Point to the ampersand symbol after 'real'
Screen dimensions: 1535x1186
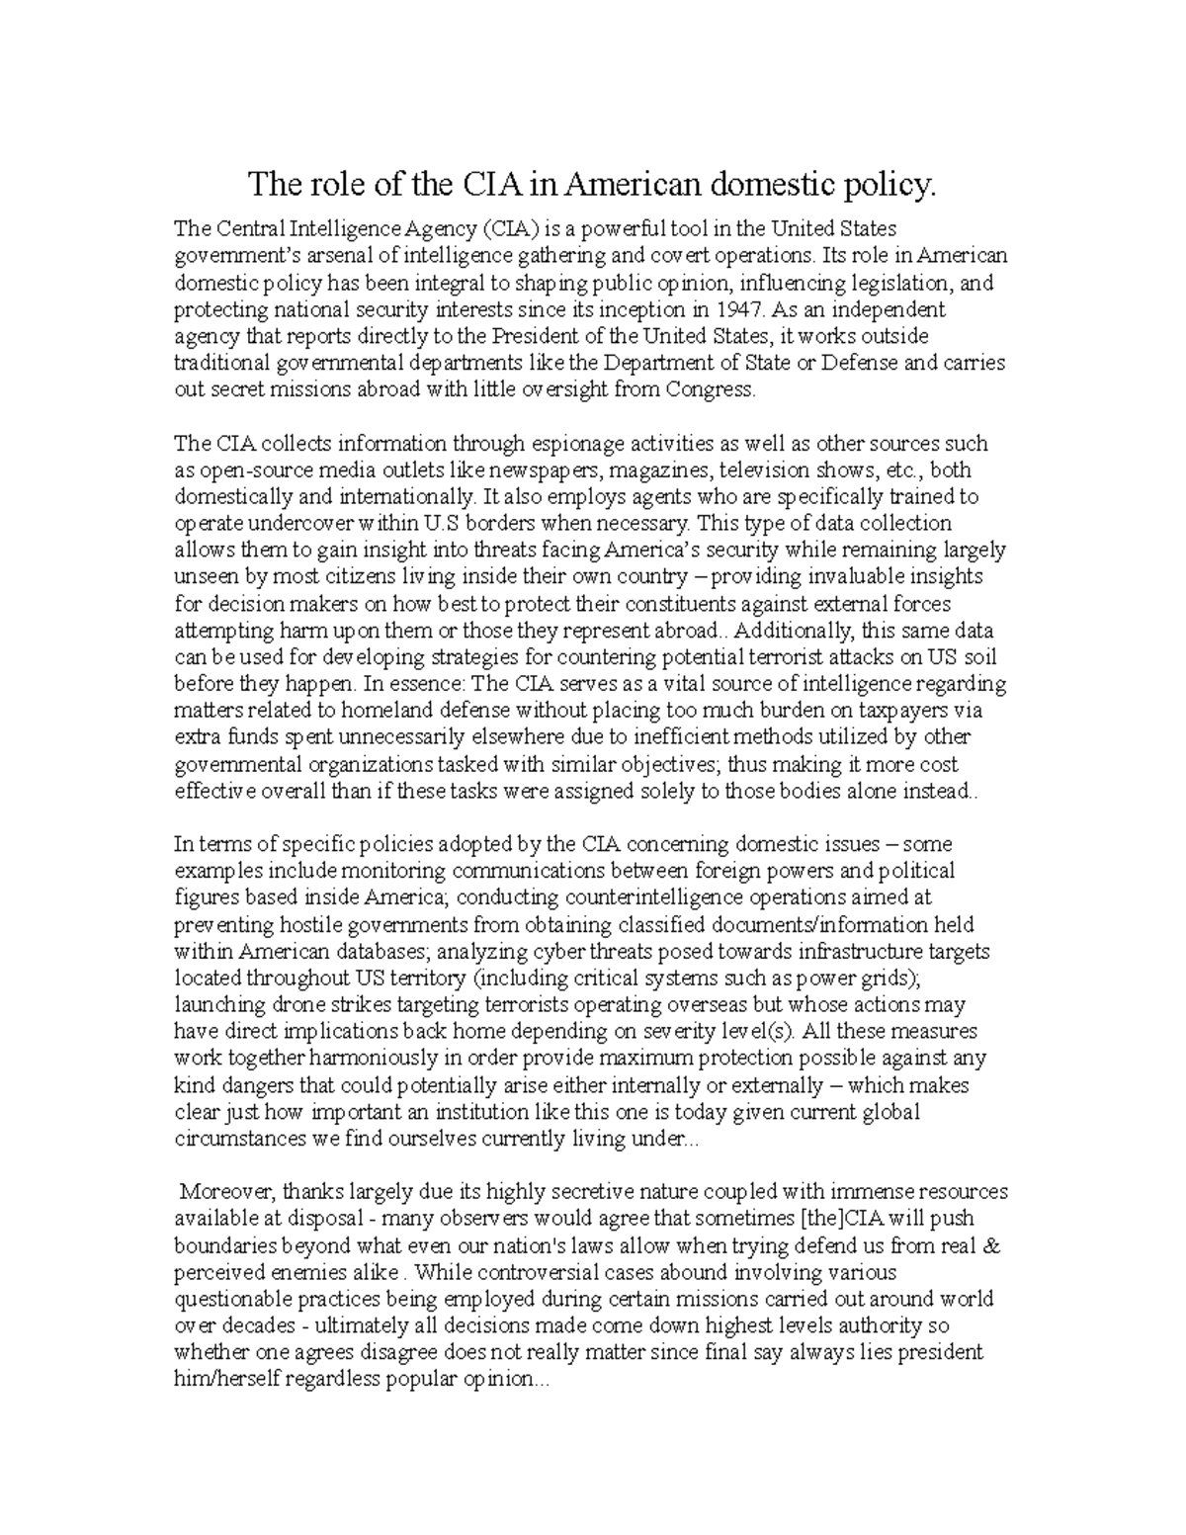coord(992,1245)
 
